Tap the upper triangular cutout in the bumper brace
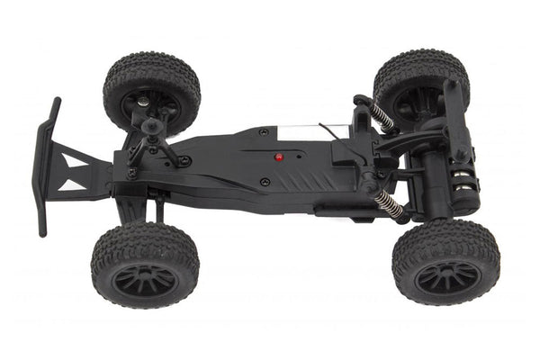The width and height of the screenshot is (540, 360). point(71,159)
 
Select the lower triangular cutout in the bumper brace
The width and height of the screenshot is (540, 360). point(74,184)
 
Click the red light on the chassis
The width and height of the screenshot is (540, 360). point(279,157)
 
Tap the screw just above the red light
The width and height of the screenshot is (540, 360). point(263,132)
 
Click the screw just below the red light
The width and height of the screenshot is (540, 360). point(264,182)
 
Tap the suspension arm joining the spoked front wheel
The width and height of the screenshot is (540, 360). point(135,209)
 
